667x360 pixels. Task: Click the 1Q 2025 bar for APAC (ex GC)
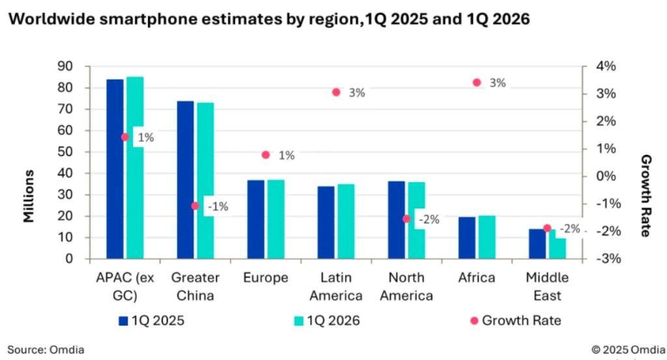115,169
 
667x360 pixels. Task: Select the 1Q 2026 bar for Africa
487,237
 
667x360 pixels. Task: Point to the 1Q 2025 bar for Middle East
537,243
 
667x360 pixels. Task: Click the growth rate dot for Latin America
336,92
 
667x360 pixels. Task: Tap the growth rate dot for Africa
476,83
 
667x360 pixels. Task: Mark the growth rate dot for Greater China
195,206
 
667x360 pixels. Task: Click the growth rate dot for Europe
265,155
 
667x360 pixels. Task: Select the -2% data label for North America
428,219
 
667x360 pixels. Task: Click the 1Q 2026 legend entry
326,320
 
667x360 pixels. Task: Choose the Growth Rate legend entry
515,320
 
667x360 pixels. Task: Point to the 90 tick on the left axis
66,66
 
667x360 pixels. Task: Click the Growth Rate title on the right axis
646,195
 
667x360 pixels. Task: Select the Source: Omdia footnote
46,350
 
